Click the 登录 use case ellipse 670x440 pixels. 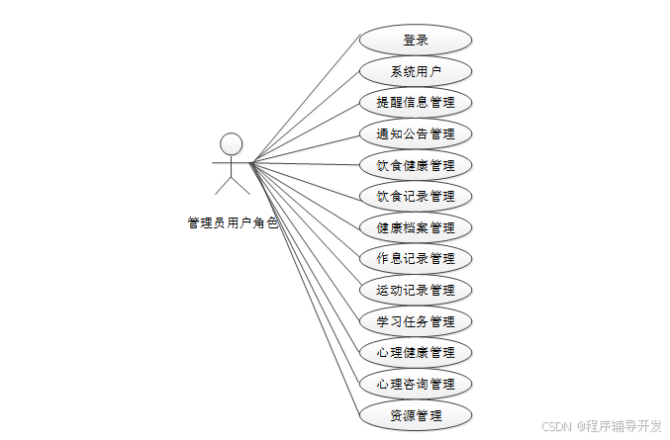pyautogui.click(x=416, y=41)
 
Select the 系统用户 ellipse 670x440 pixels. pyautogui.click(x=416, y=71)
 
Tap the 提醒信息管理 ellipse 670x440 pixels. pyautogui.click(x=416, y=102)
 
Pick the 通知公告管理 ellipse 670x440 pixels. pyautogui.click(x=416, y=133)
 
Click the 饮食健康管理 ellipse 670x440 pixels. pyautogui.click(x=416, y=165)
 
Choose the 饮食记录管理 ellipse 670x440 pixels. pyautogui.click(x=416, y=196)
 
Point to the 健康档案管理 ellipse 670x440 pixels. pyautogui.click(x=416, y=227)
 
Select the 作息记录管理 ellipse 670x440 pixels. pyautogui.click(x=416, y=259)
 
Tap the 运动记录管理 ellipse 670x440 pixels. pyautogui.click(x=416, y=291)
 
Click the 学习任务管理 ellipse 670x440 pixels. pyautogui.click(x=416, y=321)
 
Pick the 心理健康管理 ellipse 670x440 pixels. pyautogui.click(x=416, y=353)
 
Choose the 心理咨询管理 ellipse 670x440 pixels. pyautogui.click(x=416, y=384)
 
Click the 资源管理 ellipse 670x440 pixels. pyautogui.click(x=416, y=415)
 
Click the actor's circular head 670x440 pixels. pyautogui.click(x=232, y=144)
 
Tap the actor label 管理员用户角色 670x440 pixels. pyautogui.click(x=233, y=223)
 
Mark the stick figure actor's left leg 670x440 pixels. pyautogui.click(x=223, y=185)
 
